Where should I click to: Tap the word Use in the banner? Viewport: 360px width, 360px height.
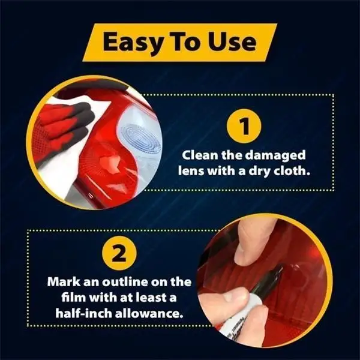point(232,42)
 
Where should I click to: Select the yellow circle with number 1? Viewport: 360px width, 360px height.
point(244,126)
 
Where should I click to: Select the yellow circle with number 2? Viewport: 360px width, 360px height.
point(119,253)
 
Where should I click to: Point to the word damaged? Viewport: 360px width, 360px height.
point(275,156)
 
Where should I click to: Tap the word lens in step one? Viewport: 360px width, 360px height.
point(191,171)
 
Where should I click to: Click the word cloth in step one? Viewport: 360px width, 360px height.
point(291,171)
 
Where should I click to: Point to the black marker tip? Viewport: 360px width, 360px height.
point(280,270)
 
